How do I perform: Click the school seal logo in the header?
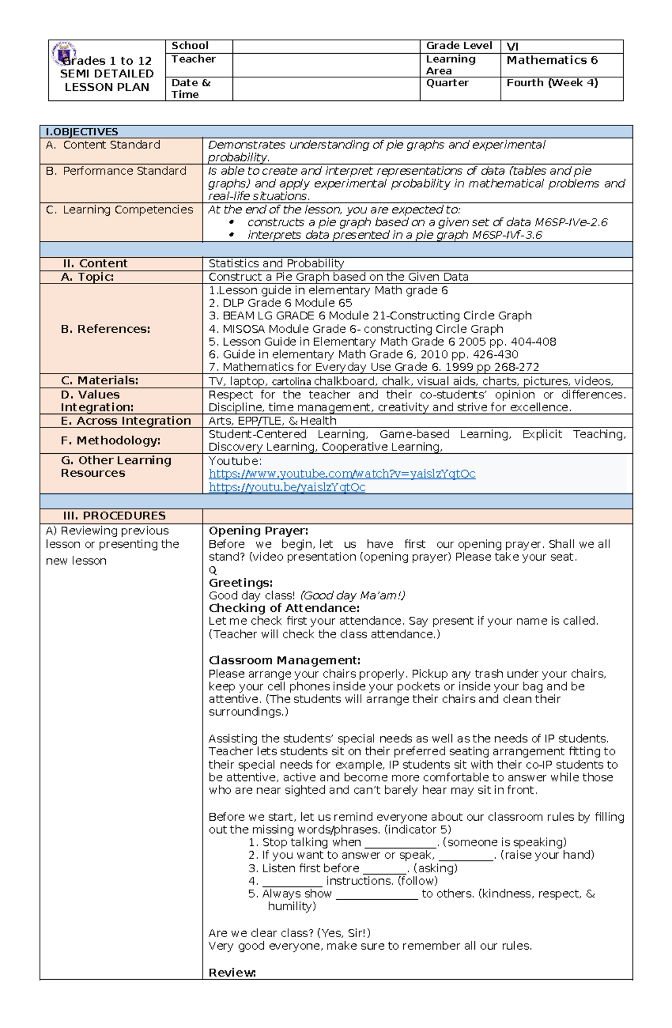(63, 53)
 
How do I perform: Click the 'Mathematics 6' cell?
(552, 61)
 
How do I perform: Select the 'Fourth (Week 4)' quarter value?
(552, 83)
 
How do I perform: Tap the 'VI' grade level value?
(512, 47)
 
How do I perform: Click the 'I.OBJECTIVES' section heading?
(82, 132)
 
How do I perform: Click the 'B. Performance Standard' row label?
(116, 171)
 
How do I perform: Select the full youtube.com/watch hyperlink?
(342, 474)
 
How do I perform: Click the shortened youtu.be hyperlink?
(287, 487)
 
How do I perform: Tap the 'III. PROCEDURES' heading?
(114, 516)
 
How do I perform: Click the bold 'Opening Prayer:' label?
(258, 531)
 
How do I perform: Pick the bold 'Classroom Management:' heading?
(284, 660)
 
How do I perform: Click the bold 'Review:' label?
(232, 973)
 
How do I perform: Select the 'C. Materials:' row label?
(99, 380)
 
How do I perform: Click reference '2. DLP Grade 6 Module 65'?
(280, 303)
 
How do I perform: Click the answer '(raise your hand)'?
(547, 855)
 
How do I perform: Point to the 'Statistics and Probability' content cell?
(276, 264)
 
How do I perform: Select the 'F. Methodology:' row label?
(110, 441)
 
